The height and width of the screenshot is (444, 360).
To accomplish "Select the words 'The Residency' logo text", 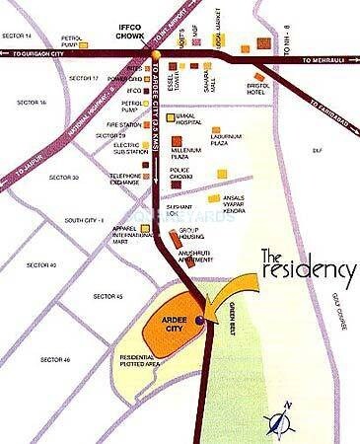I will point(307,267).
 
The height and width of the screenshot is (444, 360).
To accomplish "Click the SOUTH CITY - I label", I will point(84,219).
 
